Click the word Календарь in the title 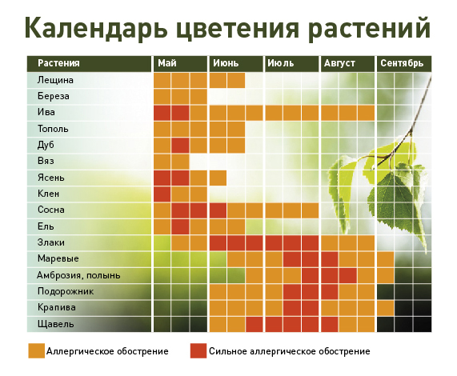click(95, 29)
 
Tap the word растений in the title click(369, 29)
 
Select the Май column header click(180, 63)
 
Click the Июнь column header click(236, 63)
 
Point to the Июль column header click(292, 63)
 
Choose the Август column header click(347, 63)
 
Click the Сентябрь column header click(404, 63)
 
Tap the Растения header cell click(89, 63)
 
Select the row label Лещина click(55, 80)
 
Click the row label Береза click(54, 96)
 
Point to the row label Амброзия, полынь click(78, 275)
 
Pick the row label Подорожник click(66, 291)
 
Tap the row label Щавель click(55, 324)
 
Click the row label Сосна click(51, 210)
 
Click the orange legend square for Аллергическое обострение click(37, 350)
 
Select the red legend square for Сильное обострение click(198, 350)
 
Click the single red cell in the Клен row click(162, 194)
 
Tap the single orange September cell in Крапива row click(385, 308)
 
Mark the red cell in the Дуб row click(180, 146)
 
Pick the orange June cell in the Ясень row click(218, 178)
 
